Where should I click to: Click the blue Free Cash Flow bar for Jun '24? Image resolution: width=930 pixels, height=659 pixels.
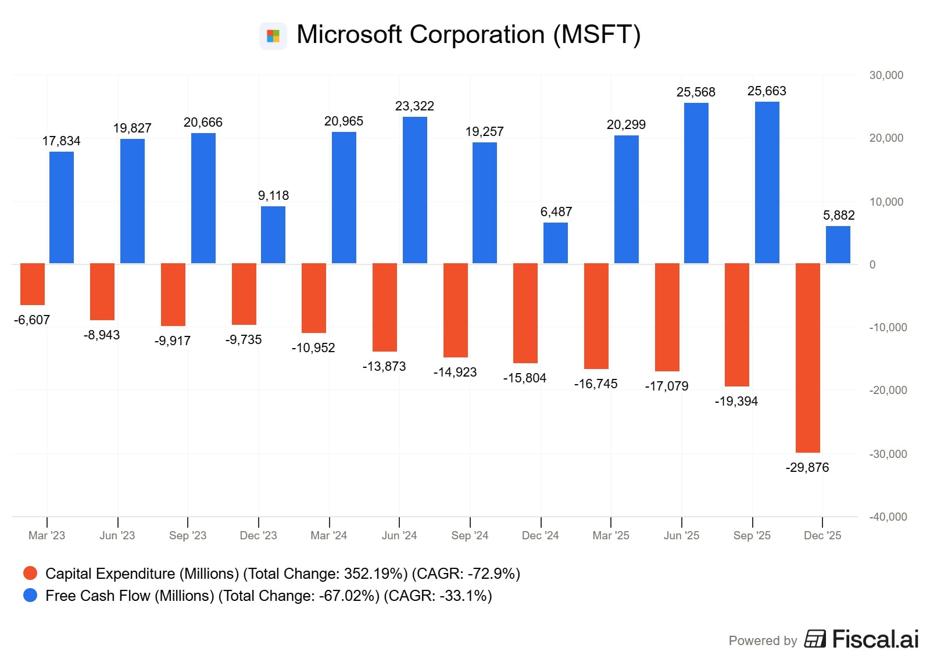[x=415, y=190]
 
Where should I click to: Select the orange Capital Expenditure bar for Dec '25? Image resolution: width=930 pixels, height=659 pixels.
[x=808, y=357]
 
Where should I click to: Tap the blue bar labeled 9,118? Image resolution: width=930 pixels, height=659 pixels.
[x=273, y=235]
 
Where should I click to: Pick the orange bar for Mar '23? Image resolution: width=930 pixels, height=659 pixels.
[x=33, y=284]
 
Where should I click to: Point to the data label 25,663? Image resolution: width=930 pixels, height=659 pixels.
[x=767, y=91]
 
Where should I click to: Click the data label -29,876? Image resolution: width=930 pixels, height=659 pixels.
[x=807, y=468]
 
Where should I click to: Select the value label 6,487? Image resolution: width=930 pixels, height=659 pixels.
[x=556, y=212]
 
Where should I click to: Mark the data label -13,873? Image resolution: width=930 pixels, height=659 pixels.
[x=384, y=367]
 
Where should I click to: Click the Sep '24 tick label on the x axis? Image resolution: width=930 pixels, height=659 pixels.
[x=470, y=536]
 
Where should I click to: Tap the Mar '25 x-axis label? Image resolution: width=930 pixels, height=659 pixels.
[x=611, y=536]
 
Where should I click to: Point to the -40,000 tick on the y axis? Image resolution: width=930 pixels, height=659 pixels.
[x=888, y=517]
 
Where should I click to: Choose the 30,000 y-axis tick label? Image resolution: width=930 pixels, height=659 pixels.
[x=886, y=75]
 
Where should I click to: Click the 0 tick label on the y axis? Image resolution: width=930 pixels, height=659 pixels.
[x=872, y=264]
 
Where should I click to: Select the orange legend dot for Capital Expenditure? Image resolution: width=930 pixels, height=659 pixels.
[x=30, y=574]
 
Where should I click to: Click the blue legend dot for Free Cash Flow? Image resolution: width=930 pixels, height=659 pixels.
[x=30, y=596]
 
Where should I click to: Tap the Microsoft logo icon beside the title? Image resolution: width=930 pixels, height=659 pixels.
[x=273, y=36]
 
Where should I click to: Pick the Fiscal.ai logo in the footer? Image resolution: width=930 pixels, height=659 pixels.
[x=861, y=639]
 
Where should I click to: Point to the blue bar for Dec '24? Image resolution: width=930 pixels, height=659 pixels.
[x=556, y=243]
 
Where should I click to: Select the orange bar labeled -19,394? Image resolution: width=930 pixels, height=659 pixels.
[x=737, y=324]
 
